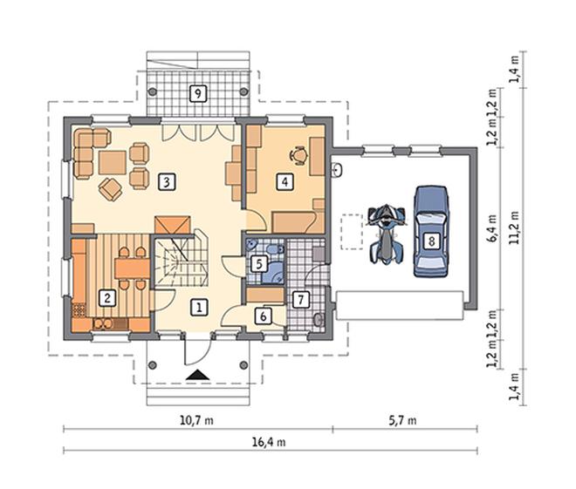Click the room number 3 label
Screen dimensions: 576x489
tap(167, 182)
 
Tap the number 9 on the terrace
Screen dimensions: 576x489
tap(198, 93)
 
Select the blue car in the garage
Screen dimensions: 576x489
tap(431, 231)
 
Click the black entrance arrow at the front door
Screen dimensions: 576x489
tap(197, 375)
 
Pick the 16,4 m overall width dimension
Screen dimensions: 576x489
tap(269, 443)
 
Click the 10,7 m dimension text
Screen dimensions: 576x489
tap(196, 420)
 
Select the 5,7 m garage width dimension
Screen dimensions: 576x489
tap(402, 420)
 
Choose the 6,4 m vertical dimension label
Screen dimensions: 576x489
tap(492, 228)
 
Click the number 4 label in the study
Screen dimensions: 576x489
tap(285, 182)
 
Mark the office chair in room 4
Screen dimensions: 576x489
tap(298, 155)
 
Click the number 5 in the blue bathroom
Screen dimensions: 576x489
tap(259, 264)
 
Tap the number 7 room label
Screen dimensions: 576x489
tap(301, 300)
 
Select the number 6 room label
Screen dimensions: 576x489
tap(264, 316)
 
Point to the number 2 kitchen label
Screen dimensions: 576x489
tap(107, 298)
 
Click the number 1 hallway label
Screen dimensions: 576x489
tap(199, 307)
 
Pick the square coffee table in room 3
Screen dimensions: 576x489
tap(113, 162)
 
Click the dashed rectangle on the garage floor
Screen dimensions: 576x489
tap(352, 232)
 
